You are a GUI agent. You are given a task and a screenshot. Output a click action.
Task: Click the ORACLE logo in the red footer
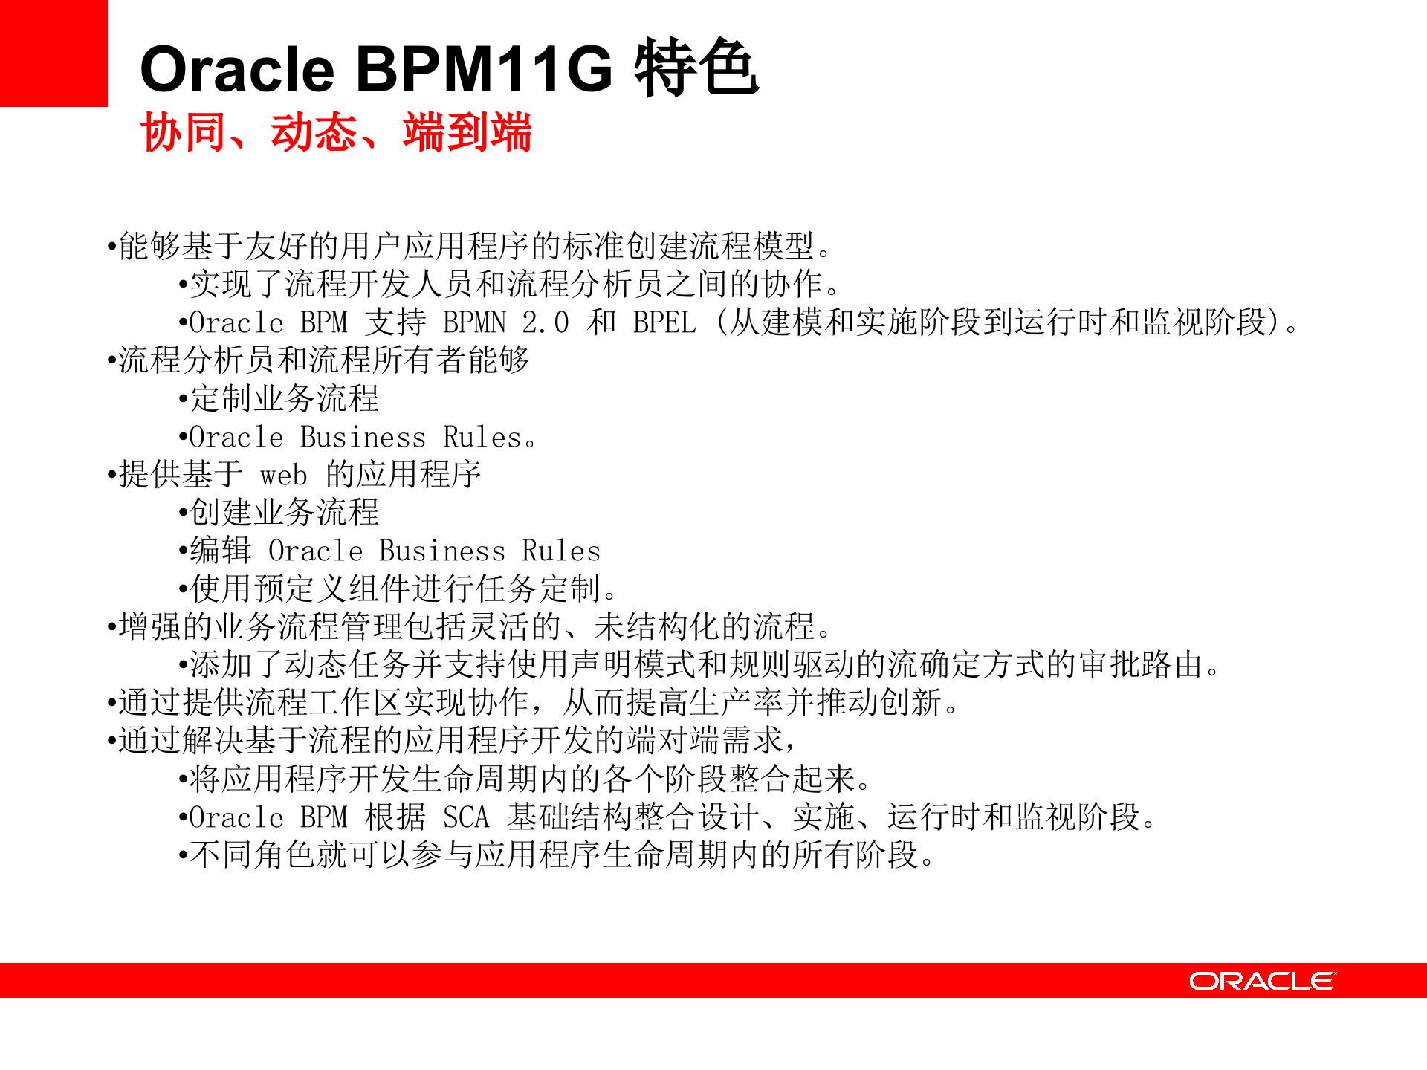click(1261, 981)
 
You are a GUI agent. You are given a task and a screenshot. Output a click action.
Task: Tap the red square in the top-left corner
click(54, 53)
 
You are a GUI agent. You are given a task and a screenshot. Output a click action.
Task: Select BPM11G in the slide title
click(485, 69)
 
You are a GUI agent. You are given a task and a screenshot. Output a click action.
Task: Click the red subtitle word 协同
click(183, 133)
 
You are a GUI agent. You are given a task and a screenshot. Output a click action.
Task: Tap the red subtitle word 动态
click(314, 133)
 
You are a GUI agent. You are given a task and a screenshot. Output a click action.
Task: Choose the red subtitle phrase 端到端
click(467, 133)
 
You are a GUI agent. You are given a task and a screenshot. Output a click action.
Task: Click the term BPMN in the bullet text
click(474, 322)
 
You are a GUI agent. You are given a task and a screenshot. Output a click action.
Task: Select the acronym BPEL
click(664, 322)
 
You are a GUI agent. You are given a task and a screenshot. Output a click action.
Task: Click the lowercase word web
click(283, 475)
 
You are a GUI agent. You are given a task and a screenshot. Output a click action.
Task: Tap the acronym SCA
click(466, 817)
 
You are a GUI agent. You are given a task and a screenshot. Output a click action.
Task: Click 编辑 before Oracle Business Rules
click(221, 551)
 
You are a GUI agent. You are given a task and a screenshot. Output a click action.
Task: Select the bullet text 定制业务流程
click(285, 399)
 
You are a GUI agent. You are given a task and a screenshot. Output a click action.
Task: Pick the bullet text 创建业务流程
click(285, 513)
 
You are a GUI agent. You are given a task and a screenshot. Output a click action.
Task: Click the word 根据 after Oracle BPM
click(395, 817)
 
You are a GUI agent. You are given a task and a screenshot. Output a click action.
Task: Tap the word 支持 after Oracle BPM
click(395, 322)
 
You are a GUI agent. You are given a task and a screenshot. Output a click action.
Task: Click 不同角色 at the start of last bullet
click(253, 855)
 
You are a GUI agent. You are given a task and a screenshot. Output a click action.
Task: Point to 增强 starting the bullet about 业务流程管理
click(150, 626)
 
